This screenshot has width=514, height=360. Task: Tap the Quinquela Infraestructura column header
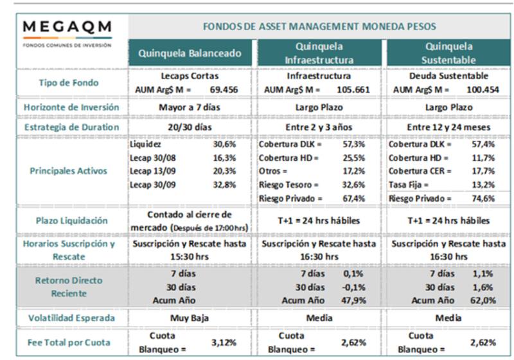point(319,53)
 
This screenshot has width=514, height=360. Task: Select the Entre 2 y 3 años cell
point(319,127)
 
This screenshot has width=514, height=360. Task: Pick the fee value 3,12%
point(224,343)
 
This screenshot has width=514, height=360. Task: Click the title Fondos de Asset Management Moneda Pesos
point(319,26)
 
